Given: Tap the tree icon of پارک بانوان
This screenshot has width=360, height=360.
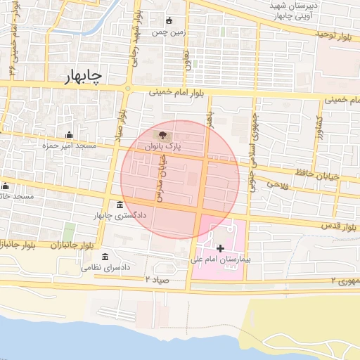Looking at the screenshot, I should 163,134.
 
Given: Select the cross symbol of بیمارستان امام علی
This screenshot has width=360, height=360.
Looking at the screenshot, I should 221,247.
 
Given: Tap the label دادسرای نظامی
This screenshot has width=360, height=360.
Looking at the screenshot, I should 106,267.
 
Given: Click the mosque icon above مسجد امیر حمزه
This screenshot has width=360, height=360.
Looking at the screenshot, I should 69,134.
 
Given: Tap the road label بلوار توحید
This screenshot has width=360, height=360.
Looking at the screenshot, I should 330,34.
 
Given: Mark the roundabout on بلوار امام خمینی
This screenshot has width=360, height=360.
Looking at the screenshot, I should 128,89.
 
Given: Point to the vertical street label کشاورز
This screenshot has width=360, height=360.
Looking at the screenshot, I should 318,127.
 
